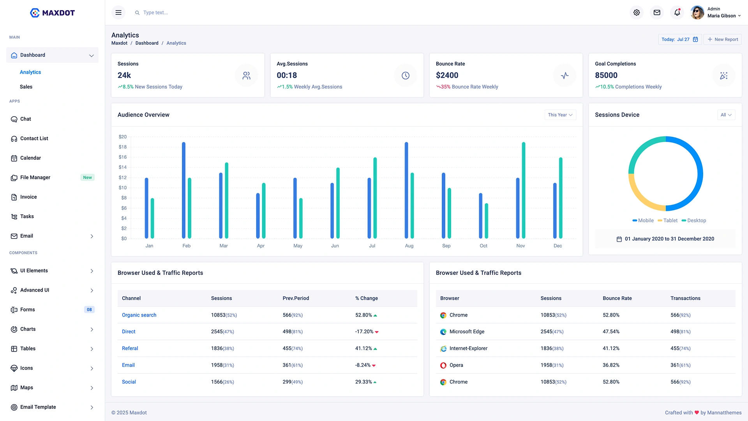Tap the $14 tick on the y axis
pos(122,167)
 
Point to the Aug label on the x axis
pos(409,246)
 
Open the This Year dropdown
pos(560,115)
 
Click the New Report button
pos(722,39)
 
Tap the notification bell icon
pos(677,12)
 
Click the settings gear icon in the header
pos(637,12)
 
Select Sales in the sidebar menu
pos(26,87)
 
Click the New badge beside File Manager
pos(87,177)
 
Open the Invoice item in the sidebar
pos(28,197)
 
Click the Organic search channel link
pos(139,315)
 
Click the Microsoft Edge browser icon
pos(443,332)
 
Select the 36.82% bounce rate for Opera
pos(611,365)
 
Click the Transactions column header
pos(685,298)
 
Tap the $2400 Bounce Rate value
pos(447,75)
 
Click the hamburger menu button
pos(118,12)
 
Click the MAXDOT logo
pos(52,12)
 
